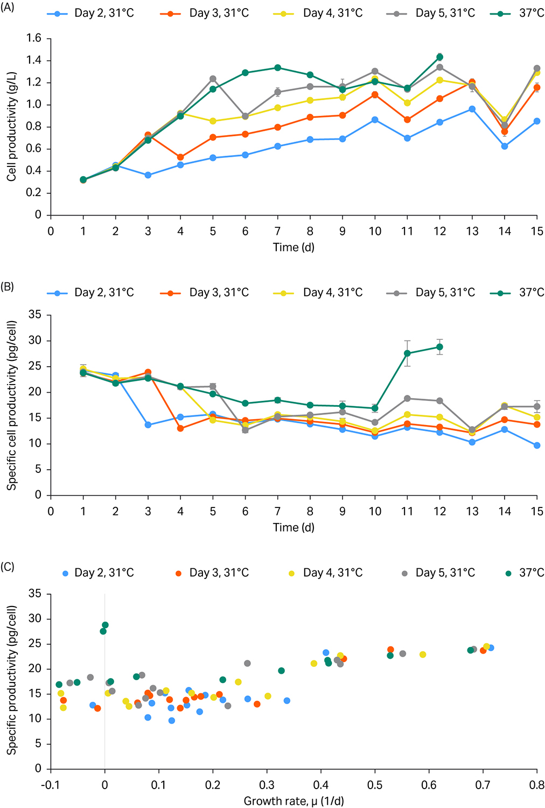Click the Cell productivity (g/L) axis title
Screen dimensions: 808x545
tap(11, 127)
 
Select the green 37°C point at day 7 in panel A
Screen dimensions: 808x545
tap(278, 68)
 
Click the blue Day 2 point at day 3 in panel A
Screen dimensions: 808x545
tap(148, 175)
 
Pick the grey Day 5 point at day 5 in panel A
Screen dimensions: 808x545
tap(213, 79)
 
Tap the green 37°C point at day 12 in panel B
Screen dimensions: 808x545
tap(440, 347)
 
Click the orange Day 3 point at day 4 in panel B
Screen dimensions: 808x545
tap(180, 429)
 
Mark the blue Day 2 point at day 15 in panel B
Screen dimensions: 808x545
tap(537, 445)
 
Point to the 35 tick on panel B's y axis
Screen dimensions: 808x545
tap(35, 315)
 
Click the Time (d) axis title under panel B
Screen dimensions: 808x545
tap(294, 527)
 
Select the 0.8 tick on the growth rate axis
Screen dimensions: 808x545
tap(537, 785)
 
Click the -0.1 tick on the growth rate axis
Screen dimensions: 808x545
tap(50, 785)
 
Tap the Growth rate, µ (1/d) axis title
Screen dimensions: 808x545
tap(294, 801)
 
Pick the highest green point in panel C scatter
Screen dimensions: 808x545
tap(105, 625)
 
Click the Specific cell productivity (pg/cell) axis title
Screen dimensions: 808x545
tap(11, 405)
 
